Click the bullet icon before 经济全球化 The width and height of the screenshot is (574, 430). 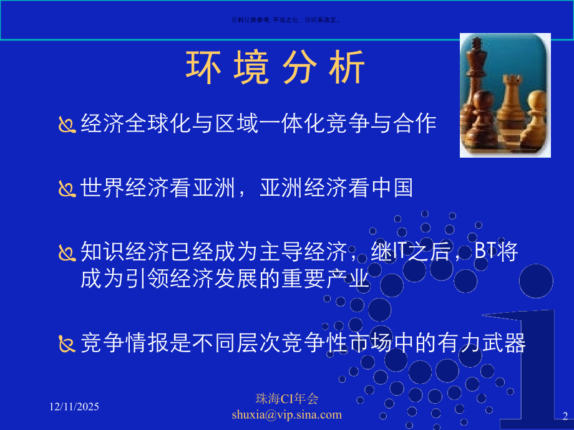[67, 126]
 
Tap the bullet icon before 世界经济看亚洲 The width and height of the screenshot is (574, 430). [67, 188]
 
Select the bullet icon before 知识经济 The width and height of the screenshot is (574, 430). [67, 253]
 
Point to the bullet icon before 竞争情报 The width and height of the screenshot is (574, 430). [67, 343]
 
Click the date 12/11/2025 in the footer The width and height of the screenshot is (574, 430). [74, 406]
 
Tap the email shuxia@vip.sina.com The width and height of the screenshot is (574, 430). [286, 414]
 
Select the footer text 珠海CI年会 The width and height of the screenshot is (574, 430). [286, 399]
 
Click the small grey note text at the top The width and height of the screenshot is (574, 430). [286, 20]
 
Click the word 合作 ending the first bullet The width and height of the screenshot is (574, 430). [415, 124]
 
